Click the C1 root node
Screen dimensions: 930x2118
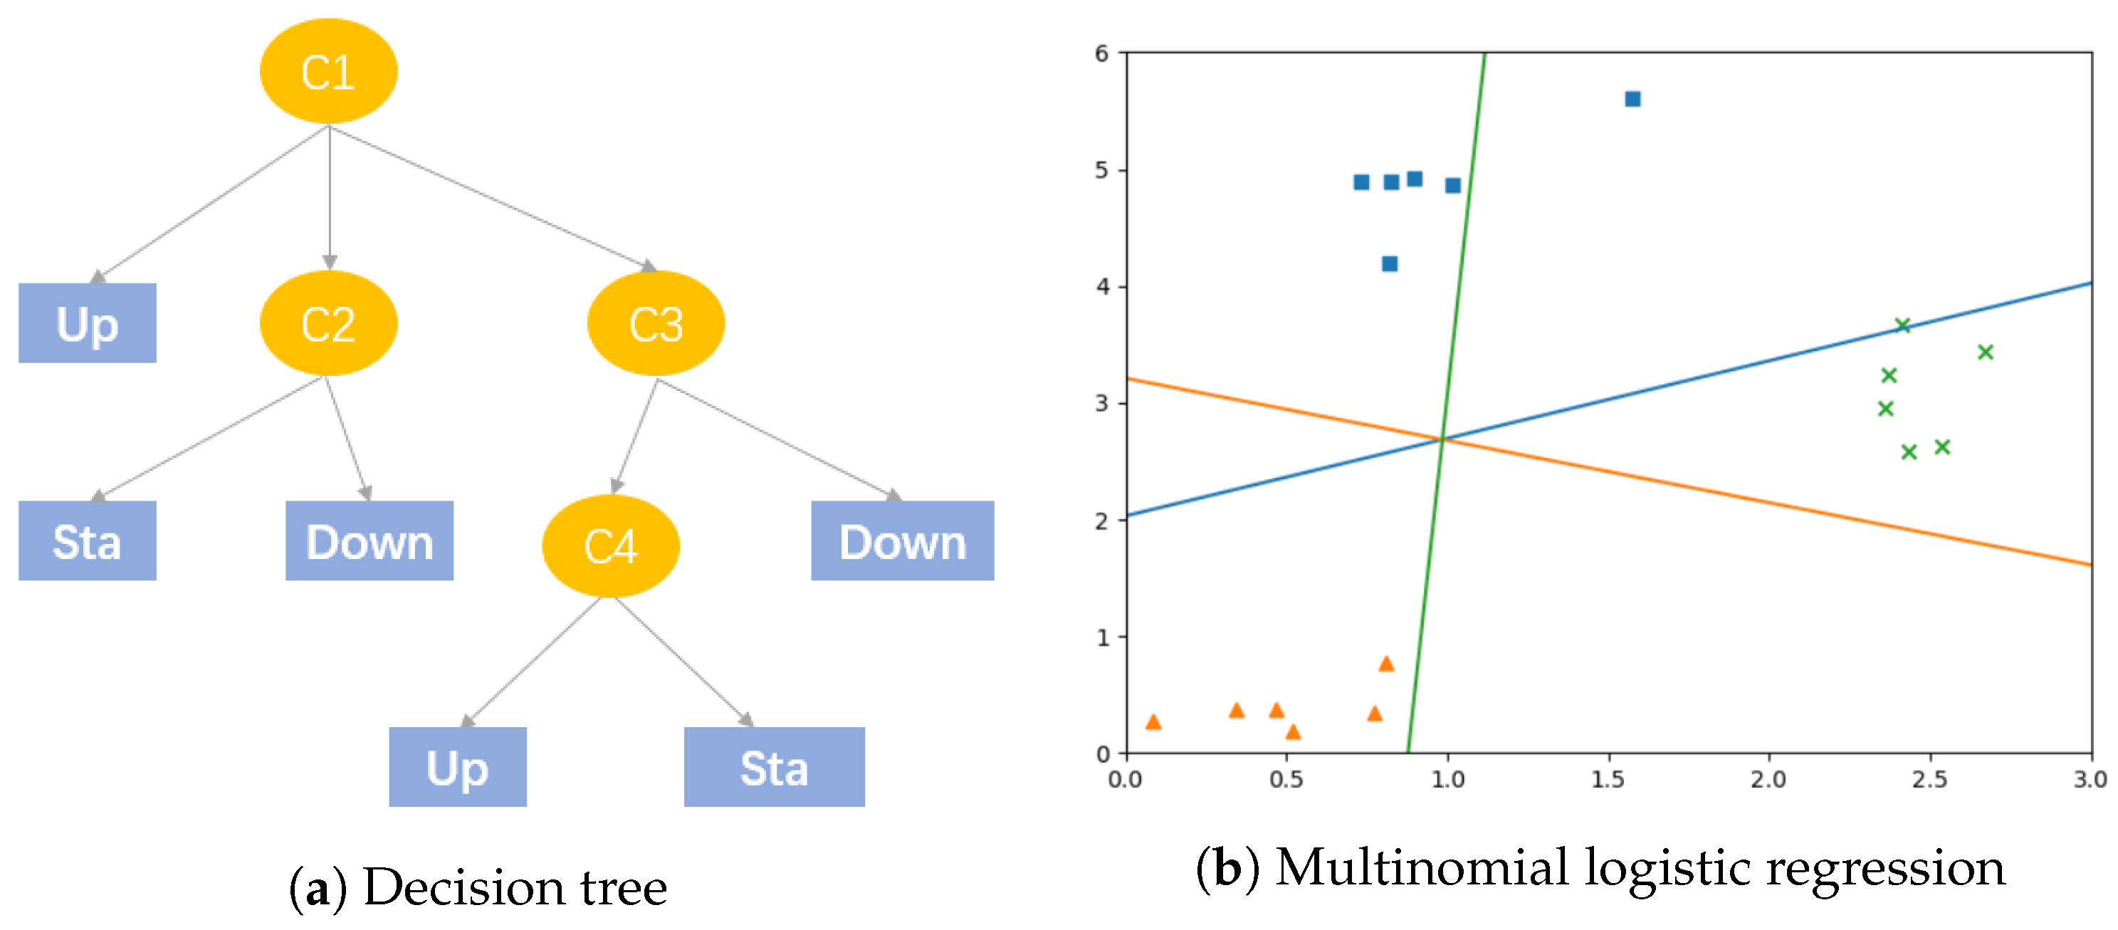(328, 71)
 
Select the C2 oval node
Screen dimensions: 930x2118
(328, 323)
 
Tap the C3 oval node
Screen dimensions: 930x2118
(655, 323)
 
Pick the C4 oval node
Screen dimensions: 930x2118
(610, 545)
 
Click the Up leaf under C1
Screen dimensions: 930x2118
(87, 323)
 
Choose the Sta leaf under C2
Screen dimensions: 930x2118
(87, 541)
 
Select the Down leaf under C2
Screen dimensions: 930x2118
(369, 541)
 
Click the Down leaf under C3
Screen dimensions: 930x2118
(902, 541)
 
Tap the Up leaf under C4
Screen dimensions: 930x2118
(457, 767)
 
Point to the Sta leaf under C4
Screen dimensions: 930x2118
(774, 767)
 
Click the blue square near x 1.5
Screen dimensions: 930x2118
(1632, 100)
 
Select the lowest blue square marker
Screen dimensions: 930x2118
(1389, 264)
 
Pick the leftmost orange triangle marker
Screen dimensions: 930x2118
(1153, 722)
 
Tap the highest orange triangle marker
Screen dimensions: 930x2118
(1385, 664)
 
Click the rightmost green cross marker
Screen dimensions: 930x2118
(1985, 352)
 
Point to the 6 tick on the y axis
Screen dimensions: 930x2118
(1102, 53)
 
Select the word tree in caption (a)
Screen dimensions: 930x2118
(623, 888)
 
